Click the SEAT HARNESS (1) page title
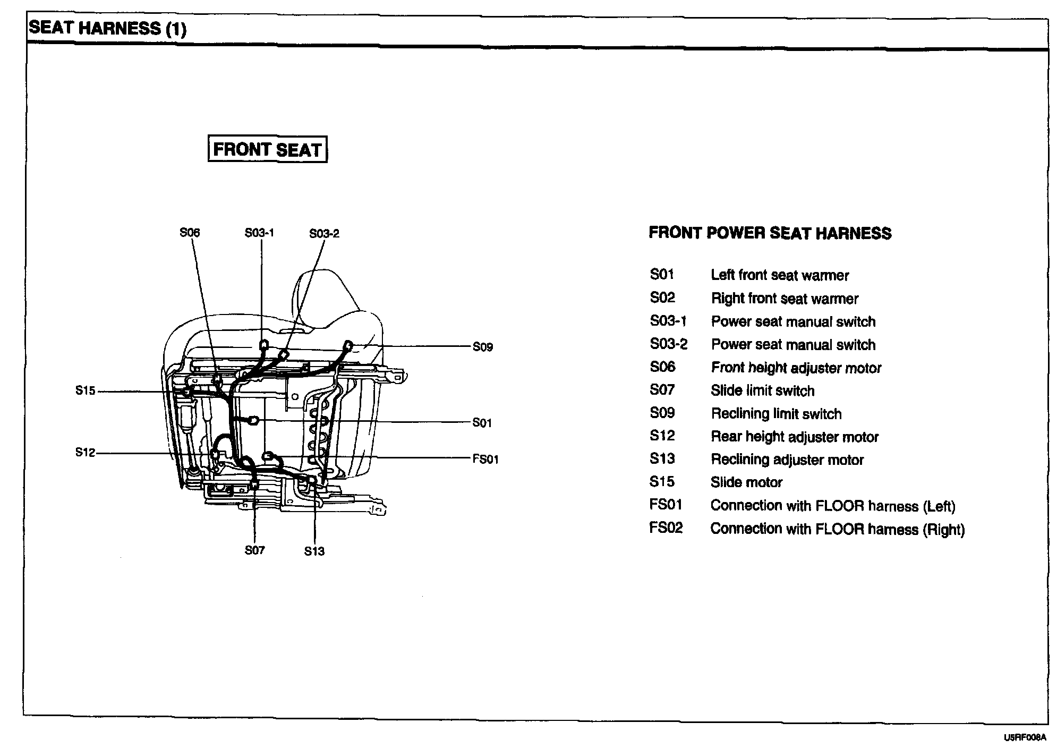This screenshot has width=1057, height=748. coord(108,28)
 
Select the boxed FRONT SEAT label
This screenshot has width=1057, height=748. coord(267,150)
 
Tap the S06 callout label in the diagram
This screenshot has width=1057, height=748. coord(190,233)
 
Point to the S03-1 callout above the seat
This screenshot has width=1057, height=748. coord(259,233)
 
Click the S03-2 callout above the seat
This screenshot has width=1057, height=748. coord(324,233)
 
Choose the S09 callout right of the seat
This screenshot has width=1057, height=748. coord(483,347)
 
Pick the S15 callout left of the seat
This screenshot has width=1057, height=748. coord(85,391)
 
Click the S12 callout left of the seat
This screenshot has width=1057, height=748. coord(85,453)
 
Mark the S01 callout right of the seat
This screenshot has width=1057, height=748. coord(482,423)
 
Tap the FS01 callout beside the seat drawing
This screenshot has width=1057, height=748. coord(485,459)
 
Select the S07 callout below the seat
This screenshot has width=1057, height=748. coord(254,550)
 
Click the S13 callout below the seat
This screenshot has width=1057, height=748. coord(314,551)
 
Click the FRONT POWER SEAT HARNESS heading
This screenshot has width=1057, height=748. coord(770,233)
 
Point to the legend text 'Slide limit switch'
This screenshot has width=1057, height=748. coord(762,391)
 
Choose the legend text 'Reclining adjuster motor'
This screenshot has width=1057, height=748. coord(787,460)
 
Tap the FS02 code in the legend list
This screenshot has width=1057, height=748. coord(666,528)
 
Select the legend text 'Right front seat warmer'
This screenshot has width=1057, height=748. coord(785,299)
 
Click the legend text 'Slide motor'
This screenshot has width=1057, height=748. coord(746,482)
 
